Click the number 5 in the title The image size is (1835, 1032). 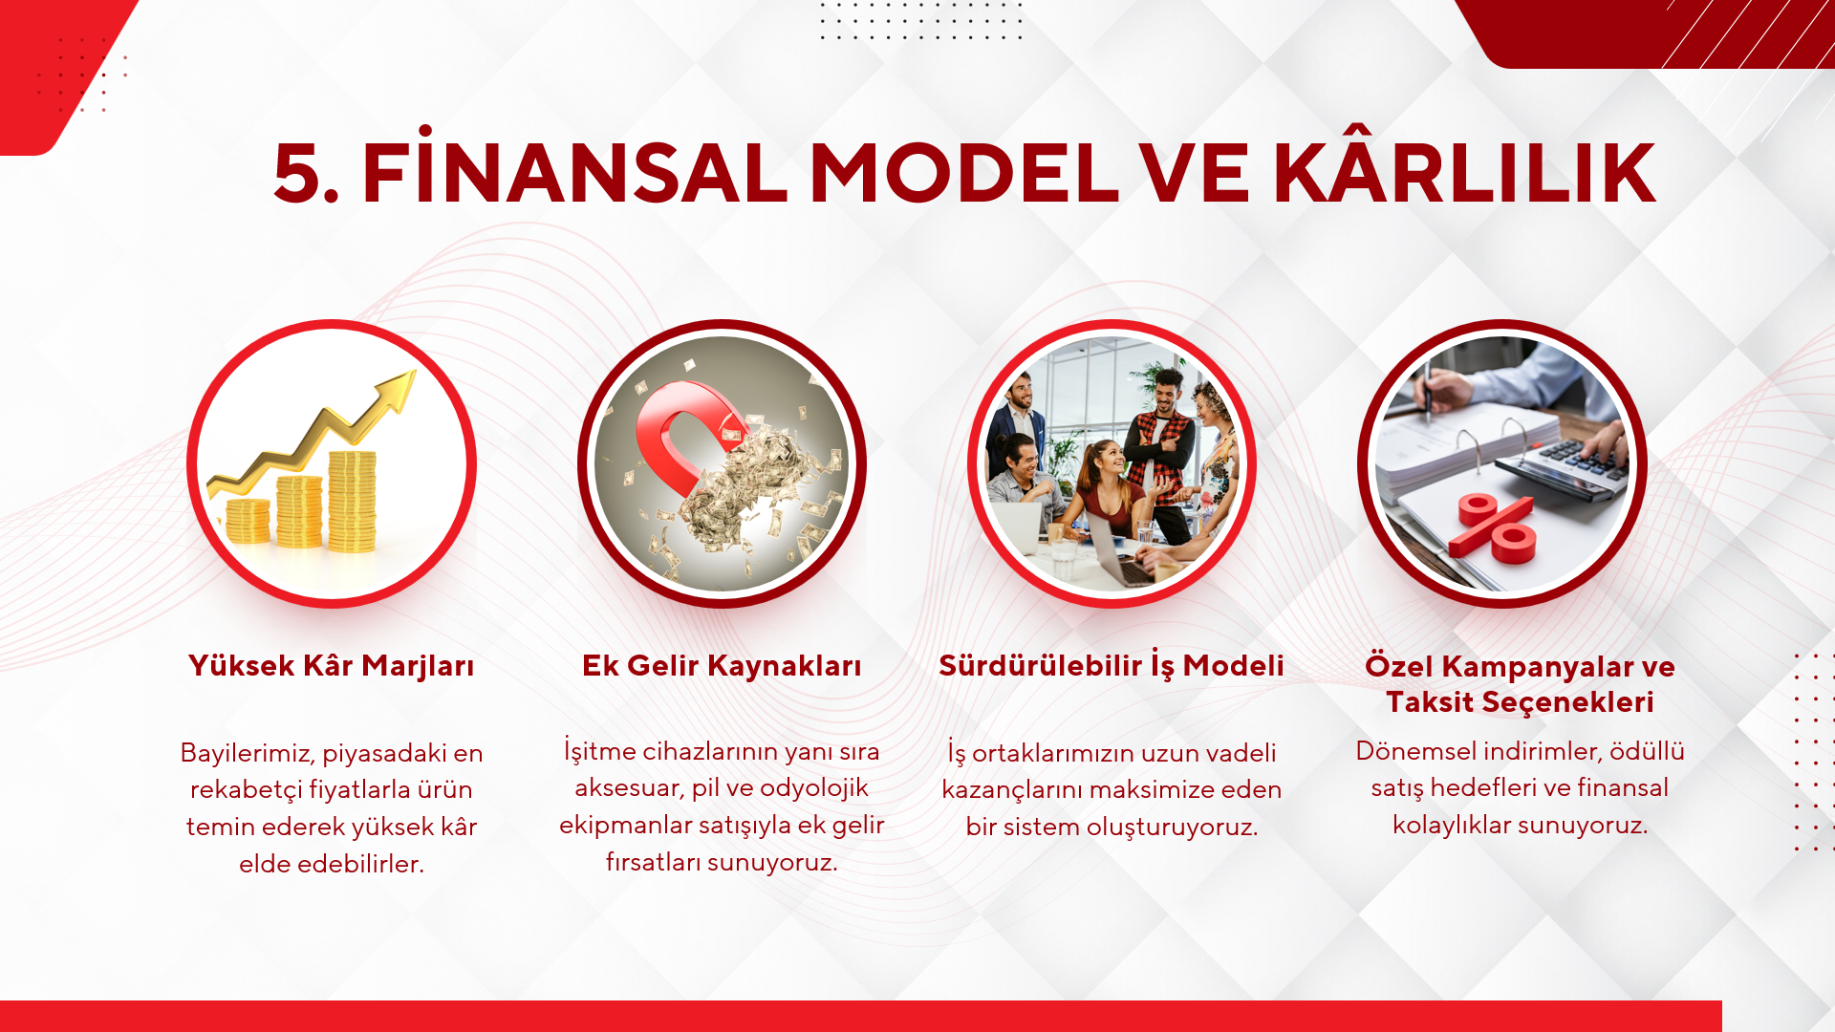coord(298,174)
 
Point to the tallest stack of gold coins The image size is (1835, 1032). coord(352,501)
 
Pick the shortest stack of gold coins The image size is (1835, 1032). coord(248,522)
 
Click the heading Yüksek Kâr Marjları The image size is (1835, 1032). coord(332,666)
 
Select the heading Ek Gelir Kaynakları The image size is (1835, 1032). coord(722,666)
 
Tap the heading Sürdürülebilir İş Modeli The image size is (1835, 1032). coord(1112,666)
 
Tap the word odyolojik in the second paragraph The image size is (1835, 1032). coord(813,787)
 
